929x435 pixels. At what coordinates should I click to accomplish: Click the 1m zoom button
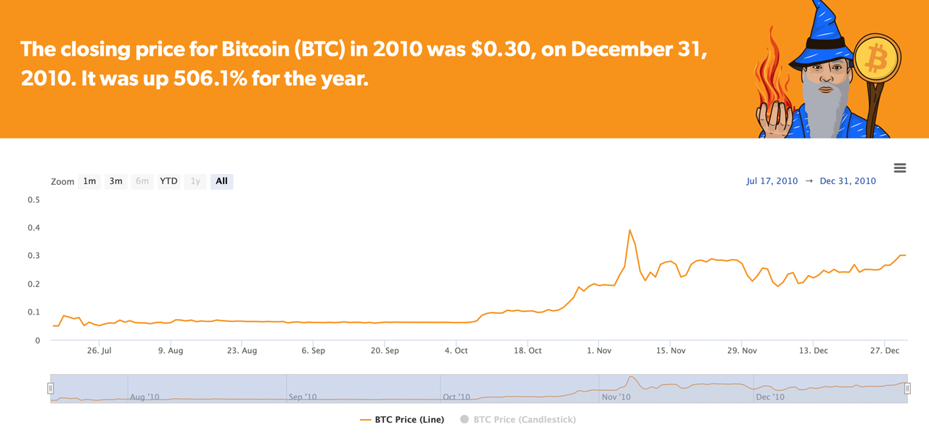coord(89,181)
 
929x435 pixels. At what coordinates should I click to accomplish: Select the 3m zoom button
coord(116,181)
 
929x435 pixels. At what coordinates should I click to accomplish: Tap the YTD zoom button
coord(168,181)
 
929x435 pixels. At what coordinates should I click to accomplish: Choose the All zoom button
coord(221,181)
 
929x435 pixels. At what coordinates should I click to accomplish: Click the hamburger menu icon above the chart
coord(900,168)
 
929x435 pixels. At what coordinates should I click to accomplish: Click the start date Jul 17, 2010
coord(772,181)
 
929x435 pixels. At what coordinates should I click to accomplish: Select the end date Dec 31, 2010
coord(848,181)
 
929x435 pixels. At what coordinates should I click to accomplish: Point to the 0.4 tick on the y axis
coord(33,228)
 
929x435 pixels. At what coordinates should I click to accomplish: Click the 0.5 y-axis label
coord(33,199)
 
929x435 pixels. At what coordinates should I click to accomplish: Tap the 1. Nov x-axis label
coord(599,351)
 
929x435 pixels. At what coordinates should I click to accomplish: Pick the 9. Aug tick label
coord(171,351)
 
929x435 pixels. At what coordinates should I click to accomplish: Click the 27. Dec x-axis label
coord(885,351)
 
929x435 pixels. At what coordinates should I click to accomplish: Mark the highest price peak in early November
coord(629,230)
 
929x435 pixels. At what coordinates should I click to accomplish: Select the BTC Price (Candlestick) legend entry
coord(524,420)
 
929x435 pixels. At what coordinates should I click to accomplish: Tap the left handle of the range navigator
coord(51,389)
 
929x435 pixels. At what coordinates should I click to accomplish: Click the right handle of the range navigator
coord(907,389)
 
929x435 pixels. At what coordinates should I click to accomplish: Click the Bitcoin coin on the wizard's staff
coord(877,57)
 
